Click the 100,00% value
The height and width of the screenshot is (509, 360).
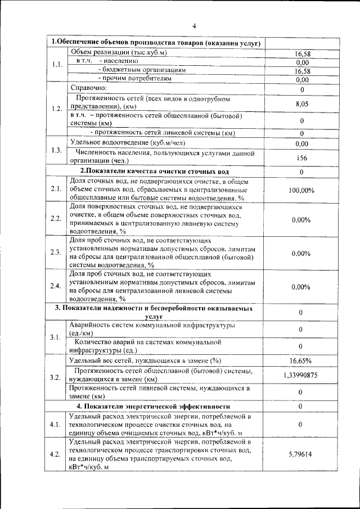301,190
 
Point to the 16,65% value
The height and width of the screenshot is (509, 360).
301,361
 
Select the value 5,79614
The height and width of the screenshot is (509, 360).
301,452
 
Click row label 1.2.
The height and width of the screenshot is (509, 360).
56,109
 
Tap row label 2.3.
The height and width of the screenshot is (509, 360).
56,252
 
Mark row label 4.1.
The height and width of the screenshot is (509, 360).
56,425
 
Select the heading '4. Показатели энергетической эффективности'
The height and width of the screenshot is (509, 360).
154,406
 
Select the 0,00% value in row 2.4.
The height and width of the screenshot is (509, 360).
301,287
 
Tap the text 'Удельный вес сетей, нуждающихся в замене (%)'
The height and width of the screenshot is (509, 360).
145,360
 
